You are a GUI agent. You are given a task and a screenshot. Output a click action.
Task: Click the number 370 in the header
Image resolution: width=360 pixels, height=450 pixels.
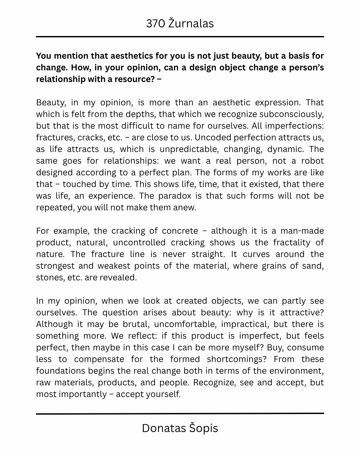(x=155, y=24)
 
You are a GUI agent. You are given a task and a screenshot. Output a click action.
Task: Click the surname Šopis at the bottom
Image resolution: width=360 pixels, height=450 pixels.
(x=204, y=428)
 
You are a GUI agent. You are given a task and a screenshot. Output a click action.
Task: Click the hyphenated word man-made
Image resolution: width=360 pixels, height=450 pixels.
(x=302, y=231)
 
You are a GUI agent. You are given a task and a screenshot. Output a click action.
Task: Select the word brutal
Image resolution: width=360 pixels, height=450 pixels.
(x=135, y=324)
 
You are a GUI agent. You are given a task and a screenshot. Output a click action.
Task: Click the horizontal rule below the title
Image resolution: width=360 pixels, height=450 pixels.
(x=180, y=36)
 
